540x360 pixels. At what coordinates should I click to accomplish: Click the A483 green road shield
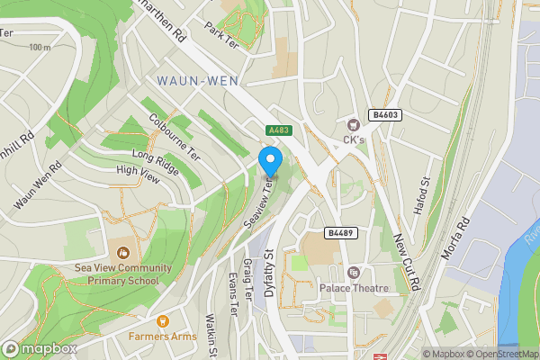[x=277, y=130]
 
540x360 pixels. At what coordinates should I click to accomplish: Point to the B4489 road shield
[x=338, y=232]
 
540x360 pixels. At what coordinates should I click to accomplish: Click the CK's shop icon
[x=353, y=124]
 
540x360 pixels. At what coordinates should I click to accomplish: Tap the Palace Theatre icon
[x=354, y=273]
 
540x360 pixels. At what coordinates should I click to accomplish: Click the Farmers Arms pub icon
[x=163, y=321]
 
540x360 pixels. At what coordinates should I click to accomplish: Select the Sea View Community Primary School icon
[x=123, y=252]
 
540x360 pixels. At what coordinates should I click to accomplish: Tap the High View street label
[x=138, y=175]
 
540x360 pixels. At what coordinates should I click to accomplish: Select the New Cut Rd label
[x=408, y=261]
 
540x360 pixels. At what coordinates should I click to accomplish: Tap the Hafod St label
[x=421, y=190]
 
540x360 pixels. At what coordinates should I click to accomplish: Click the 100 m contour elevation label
[x=39, y=47]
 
